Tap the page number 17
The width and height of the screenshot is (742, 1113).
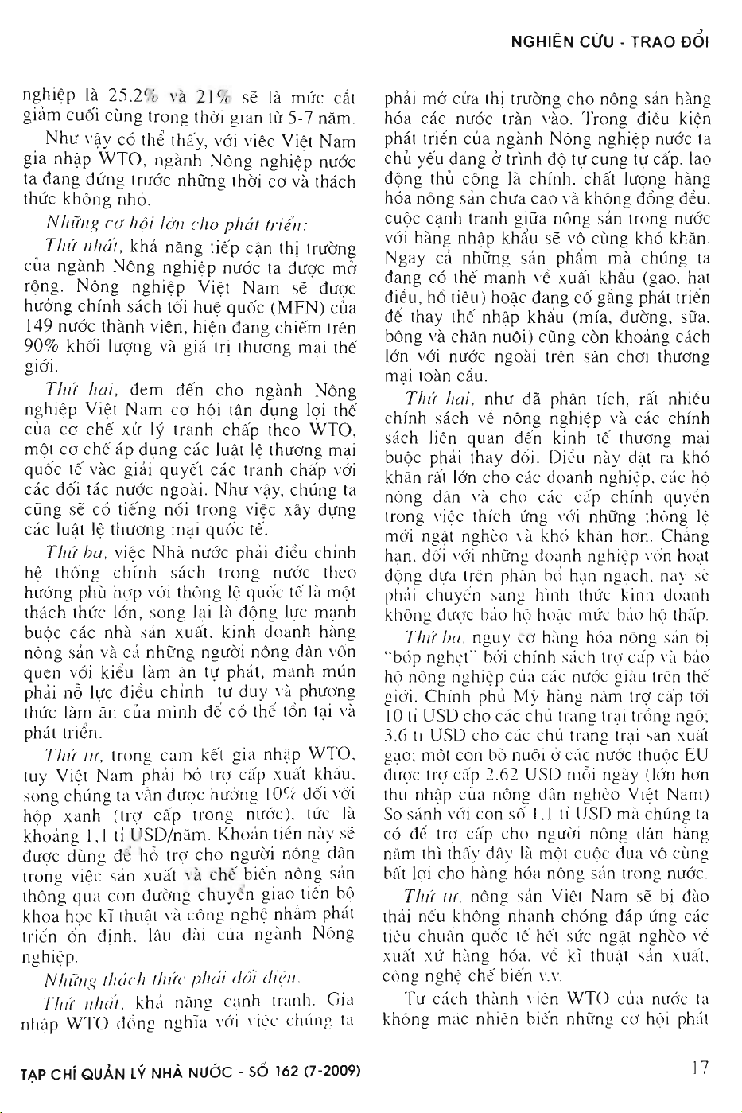[700, 1068]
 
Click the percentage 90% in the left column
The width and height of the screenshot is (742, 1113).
[37, 347]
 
